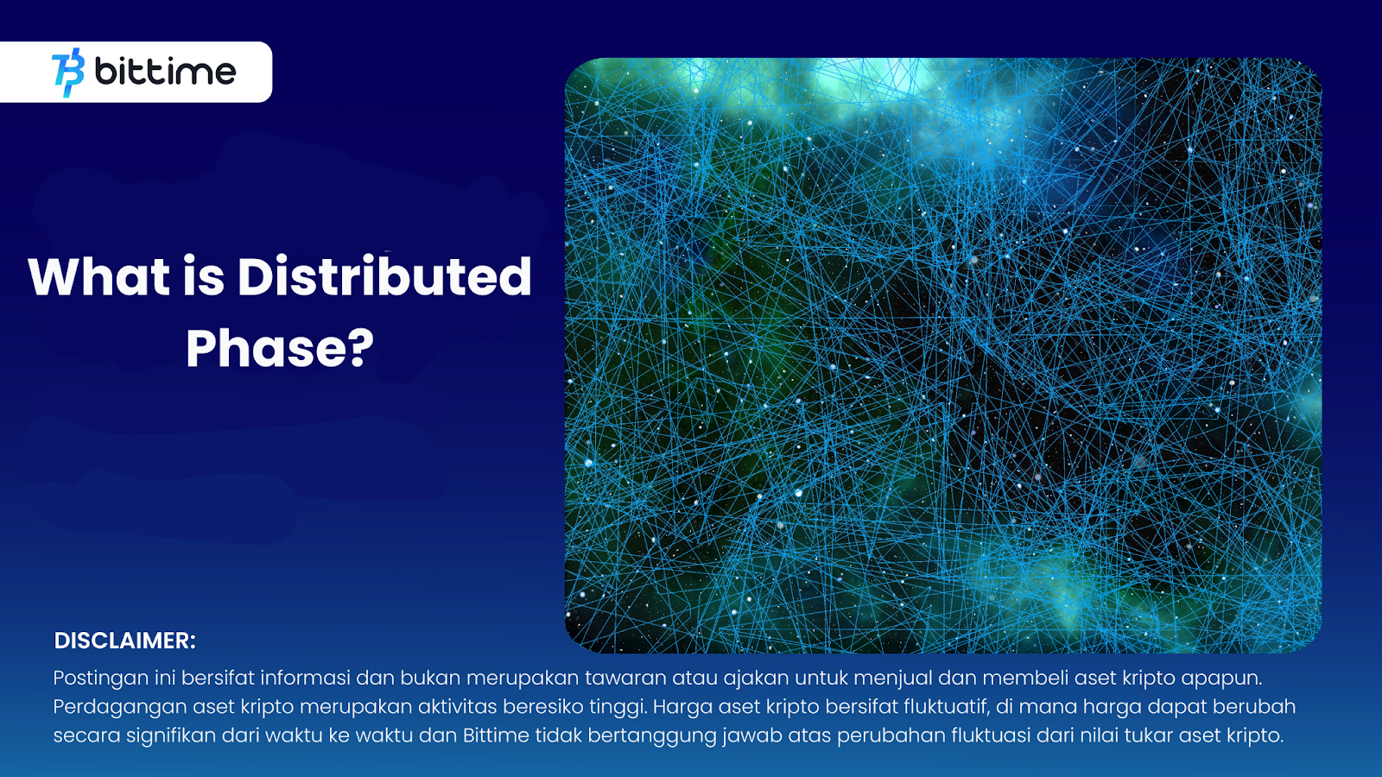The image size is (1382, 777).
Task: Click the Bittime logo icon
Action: point(68,73)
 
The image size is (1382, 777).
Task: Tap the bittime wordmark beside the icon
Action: point(165,72)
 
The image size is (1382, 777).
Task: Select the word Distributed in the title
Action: point(384,277)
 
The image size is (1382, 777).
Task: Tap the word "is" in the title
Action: point(204,277)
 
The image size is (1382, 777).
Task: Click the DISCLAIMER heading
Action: point(125,641)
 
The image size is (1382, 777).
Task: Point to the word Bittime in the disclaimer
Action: point(496,736)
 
